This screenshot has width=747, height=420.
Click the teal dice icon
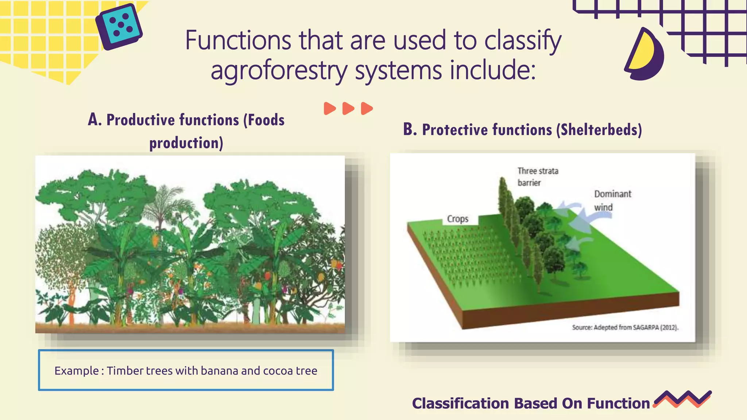pos(119,26)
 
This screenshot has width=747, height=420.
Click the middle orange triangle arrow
pos(348,108)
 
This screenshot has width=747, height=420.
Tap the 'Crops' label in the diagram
pos(457,219)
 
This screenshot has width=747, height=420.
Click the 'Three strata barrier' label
pos(537,176)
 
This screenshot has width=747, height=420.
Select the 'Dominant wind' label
pos(612,200)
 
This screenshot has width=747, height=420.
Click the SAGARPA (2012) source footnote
pos(625,327)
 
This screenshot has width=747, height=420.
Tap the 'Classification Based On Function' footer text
pos(531,404)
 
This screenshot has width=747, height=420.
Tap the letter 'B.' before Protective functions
pos(410,129)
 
